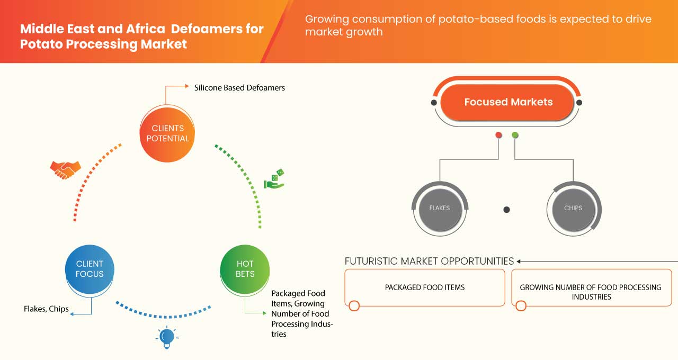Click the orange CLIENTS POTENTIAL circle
pos(167,133)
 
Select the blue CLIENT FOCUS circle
pos(90,269)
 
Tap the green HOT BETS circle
pos(245,269)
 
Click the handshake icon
pos(65,169)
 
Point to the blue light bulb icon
pos(167,337)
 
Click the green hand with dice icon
pos(274,179)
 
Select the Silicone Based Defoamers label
pos(239,88)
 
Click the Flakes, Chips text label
pos(46,309)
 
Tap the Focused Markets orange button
pos(508,102)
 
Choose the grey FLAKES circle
pos(439,209)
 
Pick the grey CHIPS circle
pos(573,209)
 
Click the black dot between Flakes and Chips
pos(506,210)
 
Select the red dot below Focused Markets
pos(498,136)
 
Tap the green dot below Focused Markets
pos(515,136)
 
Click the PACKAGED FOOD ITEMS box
pos(425,287)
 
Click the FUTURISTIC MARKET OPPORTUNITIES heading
pos(429,261)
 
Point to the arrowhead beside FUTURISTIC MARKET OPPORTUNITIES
pos(519,261)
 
